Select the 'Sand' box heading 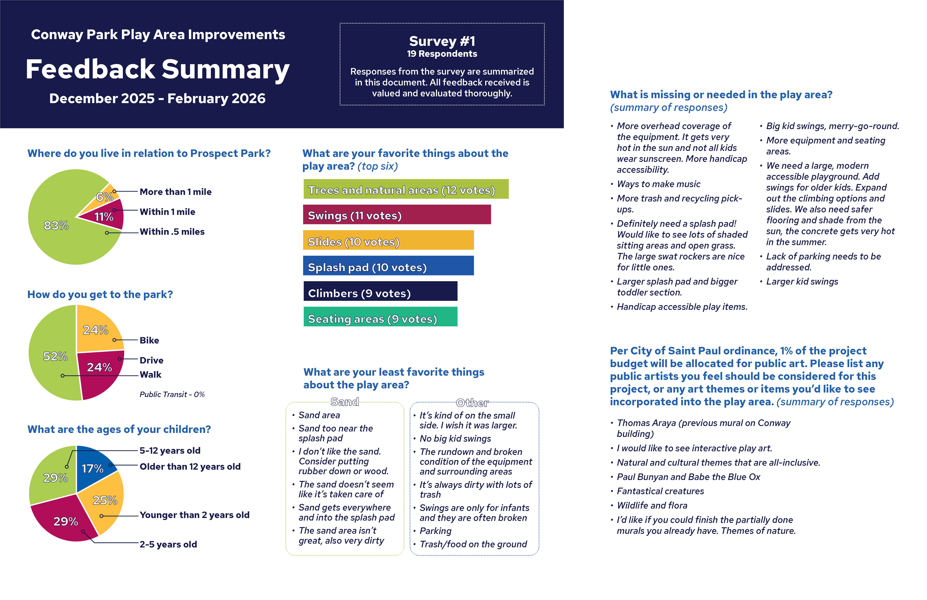tap(344, 402)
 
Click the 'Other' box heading tap(472, 403)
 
